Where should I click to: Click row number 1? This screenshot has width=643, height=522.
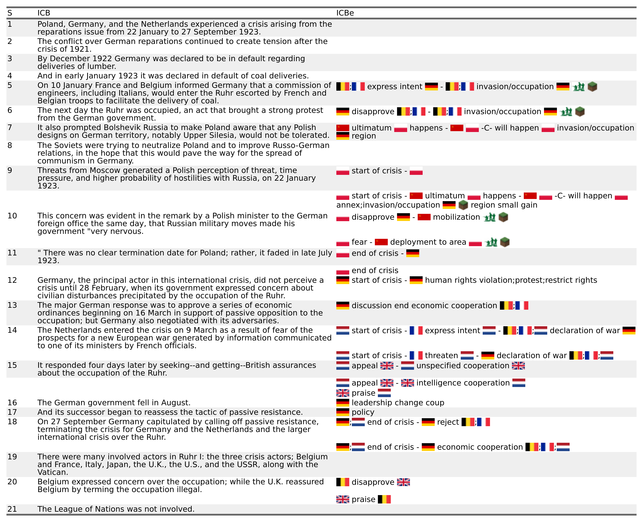10,24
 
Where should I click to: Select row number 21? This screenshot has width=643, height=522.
12,509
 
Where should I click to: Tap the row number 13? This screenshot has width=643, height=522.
12,305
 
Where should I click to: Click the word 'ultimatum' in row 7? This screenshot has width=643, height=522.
371,128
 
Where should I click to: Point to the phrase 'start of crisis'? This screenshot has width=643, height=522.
377,171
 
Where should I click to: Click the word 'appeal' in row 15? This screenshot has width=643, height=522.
365,366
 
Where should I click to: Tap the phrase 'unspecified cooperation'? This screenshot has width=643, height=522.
463,366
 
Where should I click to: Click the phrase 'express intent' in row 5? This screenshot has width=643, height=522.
394,87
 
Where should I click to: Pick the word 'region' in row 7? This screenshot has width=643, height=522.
363,136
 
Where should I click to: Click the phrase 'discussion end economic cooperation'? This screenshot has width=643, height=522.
424,306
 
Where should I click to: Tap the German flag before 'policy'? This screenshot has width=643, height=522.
343,412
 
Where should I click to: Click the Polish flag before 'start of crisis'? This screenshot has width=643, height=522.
343,171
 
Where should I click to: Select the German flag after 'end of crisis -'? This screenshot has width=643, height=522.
413,253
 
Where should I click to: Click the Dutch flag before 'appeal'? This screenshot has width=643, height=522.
343,366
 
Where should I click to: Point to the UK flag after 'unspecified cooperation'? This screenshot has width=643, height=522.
518,366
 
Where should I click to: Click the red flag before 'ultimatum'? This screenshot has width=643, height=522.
343,128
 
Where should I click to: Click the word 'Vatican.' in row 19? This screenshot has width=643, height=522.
53,472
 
